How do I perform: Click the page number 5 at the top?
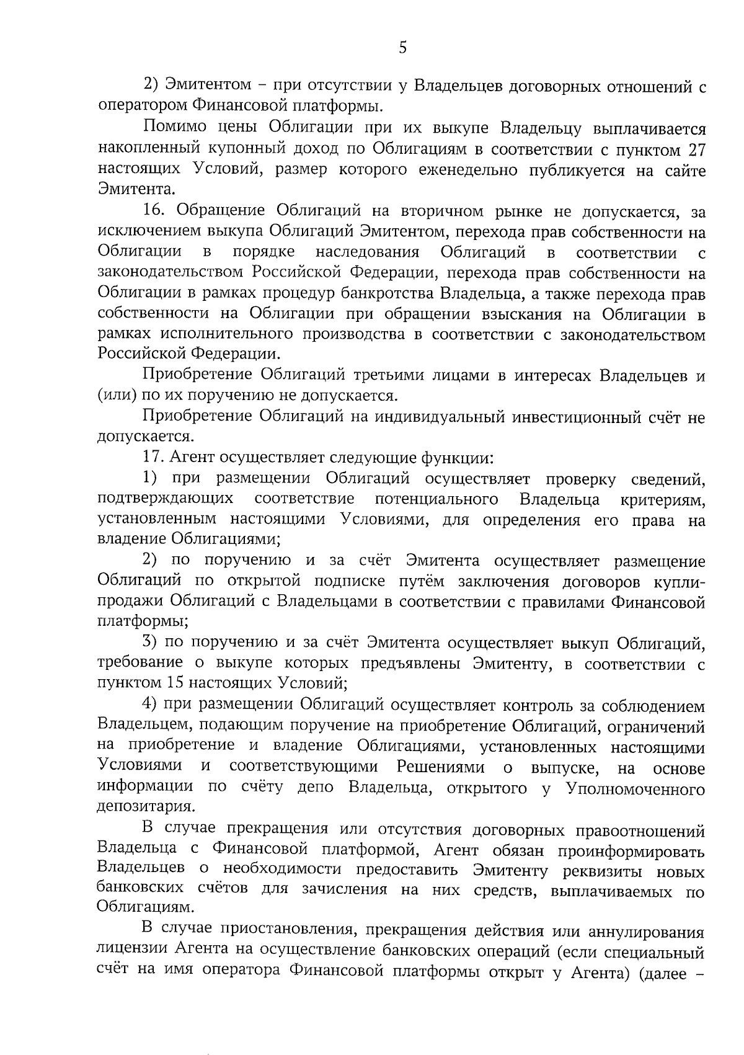pos(403,48)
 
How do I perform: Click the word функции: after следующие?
pos(458,458)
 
